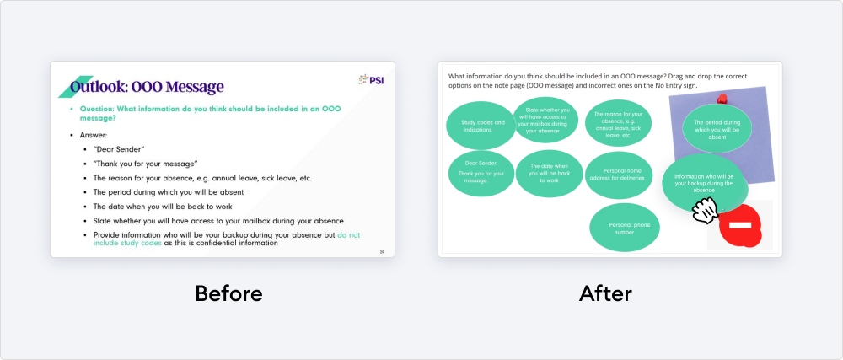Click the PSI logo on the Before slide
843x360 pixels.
coord(371,80)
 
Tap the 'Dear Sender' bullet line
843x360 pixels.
coord(119,149)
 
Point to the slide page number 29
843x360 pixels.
coord(382,251)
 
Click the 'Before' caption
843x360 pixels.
coord(228,293)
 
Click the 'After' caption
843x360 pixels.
coord(605,293)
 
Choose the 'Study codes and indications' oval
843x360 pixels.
coord(481,126)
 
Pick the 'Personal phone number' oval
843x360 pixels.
coord(625,228)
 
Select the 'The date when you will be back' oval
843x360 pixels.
coord(550,173)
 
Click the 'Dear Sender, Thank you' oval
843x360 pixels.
coord(481,174)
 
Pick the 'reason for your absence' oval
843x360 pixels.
coord(618,123)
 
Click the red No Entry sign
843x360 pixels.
coord(740,225)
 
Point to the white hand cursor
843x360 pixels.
coord(704,210)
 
